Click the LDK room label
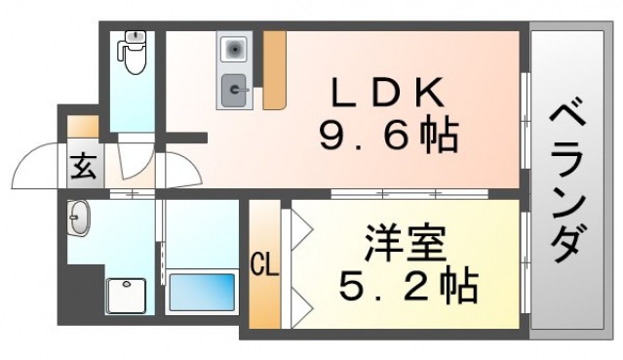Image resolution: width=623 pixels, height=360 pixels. pyautogui.click(x=387, y=93)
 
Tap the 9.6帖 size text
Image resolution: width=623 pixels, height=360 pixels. pyautogui.click(x=387, y=137)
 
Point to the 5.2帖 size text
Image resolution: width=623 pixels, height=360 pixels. pyautogui.click(x=407, y=285)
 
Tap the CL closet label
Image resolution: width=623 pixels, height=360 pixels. pyautogui.click(x=264, y=263)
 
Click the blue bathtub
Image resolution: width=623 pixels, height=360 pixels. pyautogui.click(x=202, y=291)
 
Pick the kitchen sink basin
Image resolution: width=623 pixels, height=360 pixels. pyautogui.click(x=235, y=92)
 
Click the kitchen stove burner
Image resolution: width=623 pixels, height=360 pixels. pyautogui.click(x=235, y=48)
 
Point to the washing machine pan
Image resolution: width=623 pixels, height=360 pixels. pyautogui.click(x=127, y=295)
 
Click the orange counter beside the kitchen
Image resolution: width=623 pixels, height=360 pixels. pyautogui.click(x=274, y=68)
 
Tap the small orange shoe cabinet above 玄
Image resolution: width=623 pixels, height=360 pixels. pyautogui.click(x=82, y=127)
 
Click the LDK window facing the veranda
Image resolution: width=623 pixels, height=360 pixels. pyautogui.click(x=525, y=117)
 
